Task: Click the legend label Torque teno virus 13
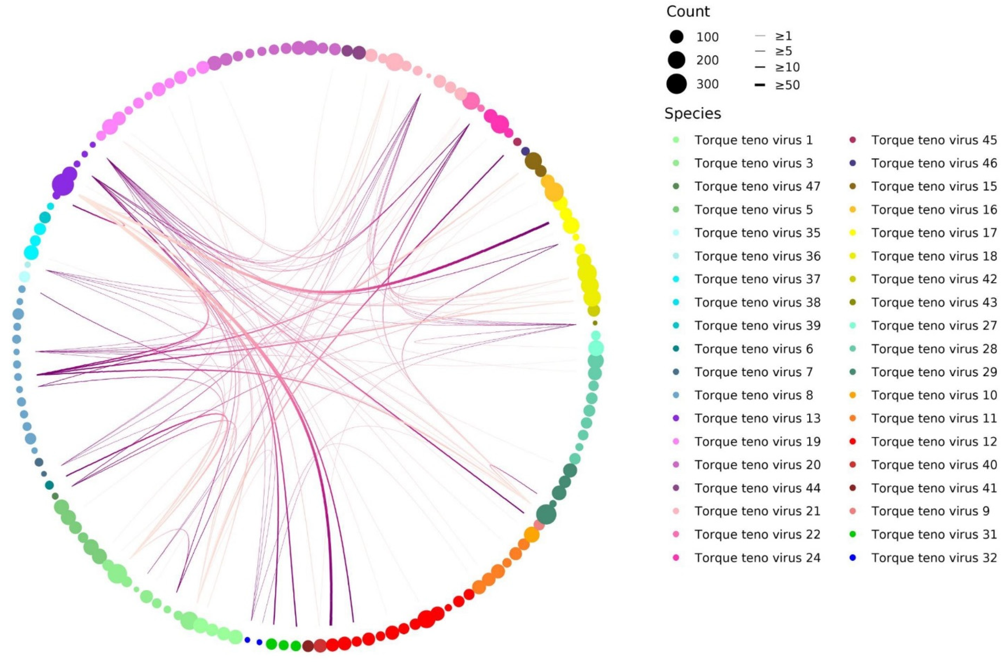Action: [757, 418]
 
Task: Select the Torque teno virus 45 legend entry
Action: [934, 140]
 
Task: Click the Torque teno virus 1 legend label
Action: [753, 140]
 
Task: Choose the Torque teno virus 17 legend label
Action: [934, 233]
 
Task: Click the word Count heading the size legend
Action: [688, 11]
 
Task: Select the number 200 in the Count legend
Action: [707, 60]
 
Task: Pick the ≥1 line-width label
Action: [783, 36]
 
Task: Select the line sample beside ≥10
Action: [760, 67]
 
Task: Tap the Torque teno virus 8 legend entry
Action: [753, 395]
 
